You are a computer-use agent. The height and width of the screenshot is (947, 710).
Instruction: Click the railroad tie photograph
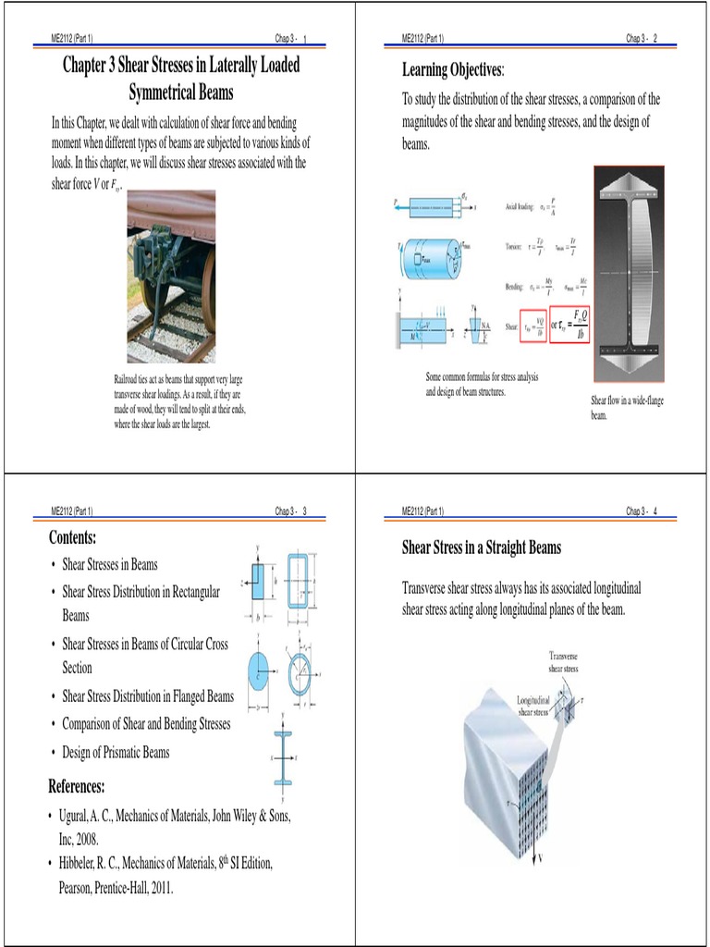tap(171, 276)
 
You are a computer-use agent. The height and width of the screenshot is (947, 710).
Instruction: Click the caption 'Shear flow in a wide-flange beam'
tap(627, 408)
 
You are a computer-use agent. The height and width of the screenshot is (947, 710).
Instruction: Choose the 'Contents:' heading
tap(72, 538)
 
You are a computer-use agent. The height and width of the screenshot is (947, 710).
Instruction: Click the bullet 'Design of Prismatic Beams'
tap(116, 753)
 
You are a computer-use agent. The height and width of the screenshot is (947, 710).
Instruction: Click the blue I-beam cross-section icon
tap(282, 756)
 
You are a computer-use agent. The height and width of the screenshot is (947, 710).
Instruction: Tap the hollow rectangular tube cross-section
tap(299, 582)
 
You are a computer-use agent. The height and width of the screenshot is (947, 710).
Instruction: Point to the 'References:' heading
tap(77, 787)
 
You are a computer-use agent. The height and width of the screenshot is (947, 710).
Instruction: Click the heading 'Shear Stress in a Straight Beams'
tap(481, 547)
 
